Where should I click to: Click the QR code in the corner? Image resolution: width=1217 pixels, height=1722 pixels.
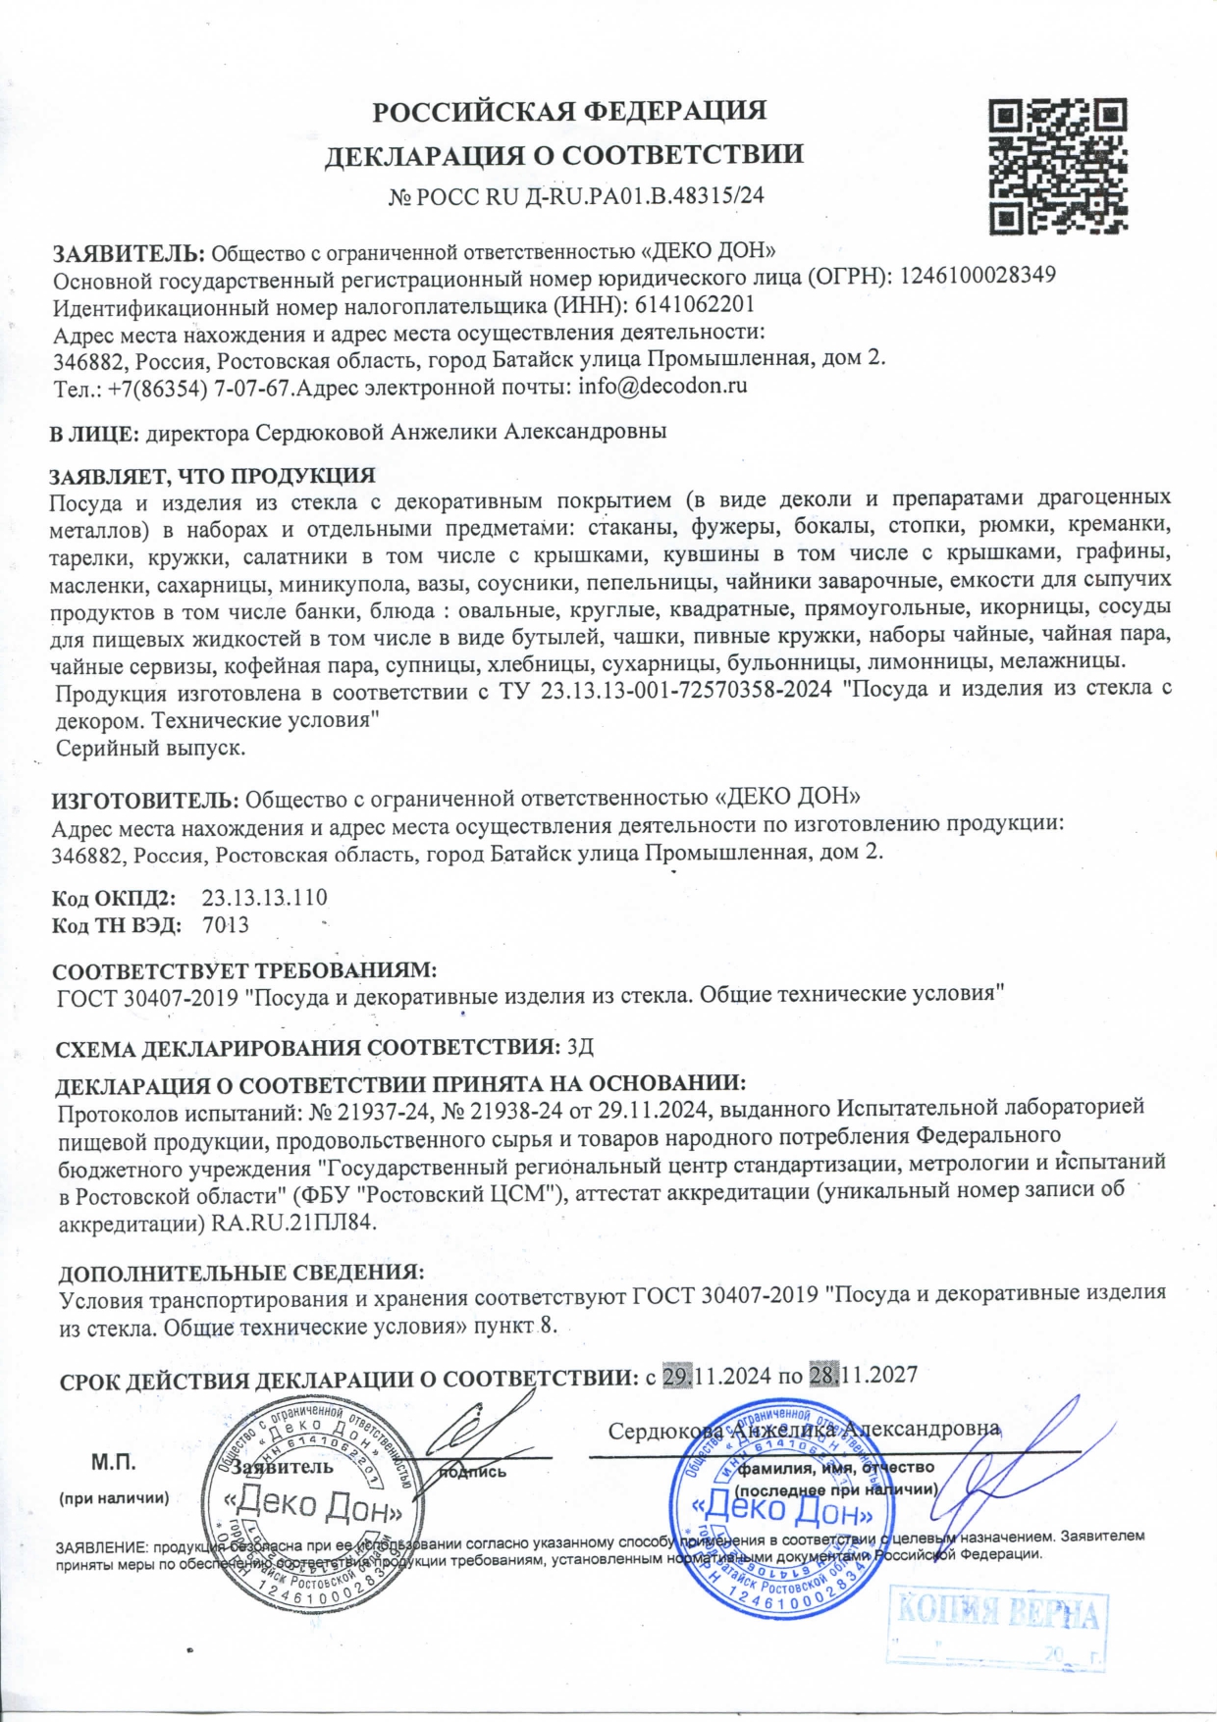pos(1057,165)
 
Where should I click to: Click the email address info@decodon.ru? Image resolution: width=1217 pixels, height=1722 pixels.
pos(662,386)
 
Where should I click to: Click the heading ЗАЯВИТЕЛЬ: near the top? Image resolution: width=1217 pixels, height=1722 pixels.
pos(128,253)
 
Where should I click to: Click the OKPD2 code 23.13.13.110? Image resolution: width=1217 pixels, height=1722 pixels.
pos(264,898)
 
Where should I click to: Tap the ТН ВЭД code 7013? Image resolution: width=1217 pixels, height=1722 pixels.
pos(226,925)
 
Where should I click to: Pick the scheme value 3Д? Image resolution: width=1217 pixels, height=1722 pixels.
pos(581,1046)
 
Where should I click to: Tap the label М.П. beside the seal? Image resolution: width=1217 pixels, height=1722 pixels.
pos(114,1463)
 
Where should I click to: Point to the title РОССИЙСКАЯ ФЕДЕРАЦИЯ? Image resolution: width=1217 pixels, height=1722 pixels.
pos(568,111)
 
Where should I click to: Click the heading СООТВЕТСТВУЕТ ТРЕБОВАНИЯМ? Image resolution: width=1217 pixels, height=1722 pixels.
pos(243,971)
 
